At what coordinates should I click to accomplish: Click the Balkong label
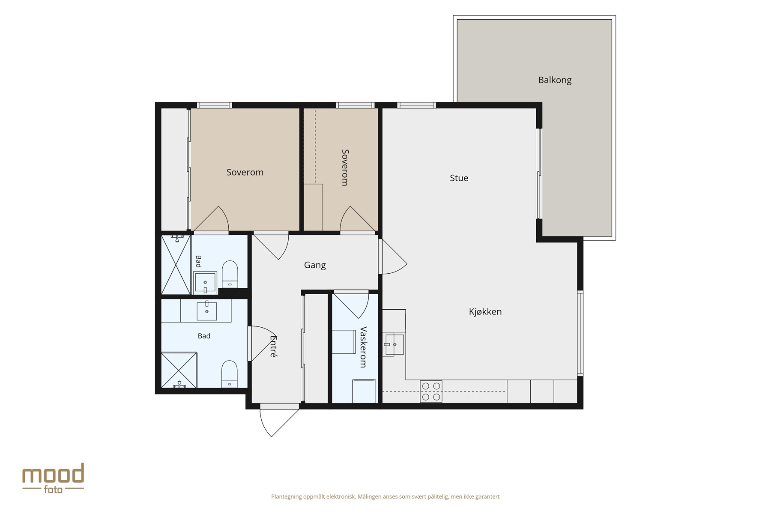click(x=555, y=80)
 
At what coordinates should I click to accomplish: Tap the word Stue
click(x=459, y=178)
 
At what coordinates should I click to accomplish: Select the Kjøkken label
click(x=485, y=311)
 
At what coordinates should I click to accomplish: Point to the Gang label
click(x=315, y=265)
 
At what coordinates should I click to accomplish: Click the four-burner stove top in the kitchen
click(x=431, y=391)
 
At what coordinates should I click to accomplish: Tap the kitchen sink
click(x=394, y=344)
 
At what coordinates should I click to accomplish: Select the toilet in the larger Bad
click(x=230, y=374)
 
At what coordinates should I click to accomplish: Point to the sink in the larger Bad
click(x=206, y=311)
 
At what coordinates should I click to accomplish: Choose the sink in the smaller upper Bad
click(x=205, y=282)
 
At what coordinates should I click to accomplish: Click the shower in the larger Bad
click(x=179, y=370)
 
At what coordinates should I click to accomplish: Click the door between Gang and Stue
click(x=392, y=256)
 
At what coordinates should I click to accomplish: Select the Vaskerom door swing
click(x=351, y=305)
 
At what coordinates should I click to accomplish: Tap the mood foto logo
click(x=53, y=478)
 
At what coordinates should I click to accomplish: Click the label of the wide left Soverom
click(x=245, y=172)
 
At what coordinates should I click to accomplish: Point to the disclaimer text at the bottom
click(x=385, y=497)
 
